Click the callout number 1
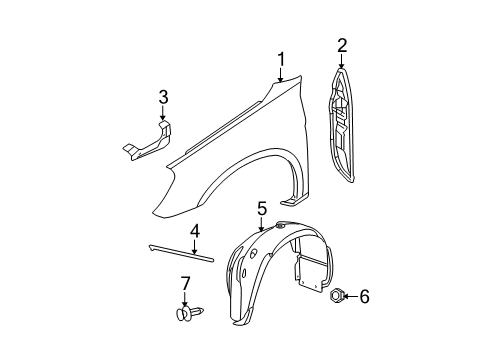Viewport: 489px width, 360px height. pos(282,59)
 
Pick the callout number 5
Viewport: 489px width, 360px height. pos(261,208)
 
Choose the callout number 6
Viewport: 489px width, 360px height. pos(364,295)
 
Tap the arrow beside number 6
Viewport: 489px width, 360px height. pos(350,295)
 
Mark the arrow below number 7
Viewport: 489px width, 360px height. pos(185,302)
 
